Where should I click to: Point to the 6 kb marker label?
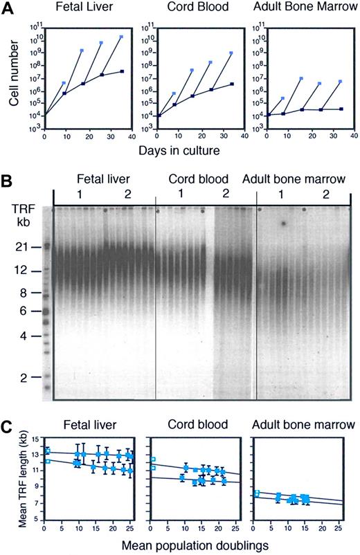[x=25, y=311]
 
